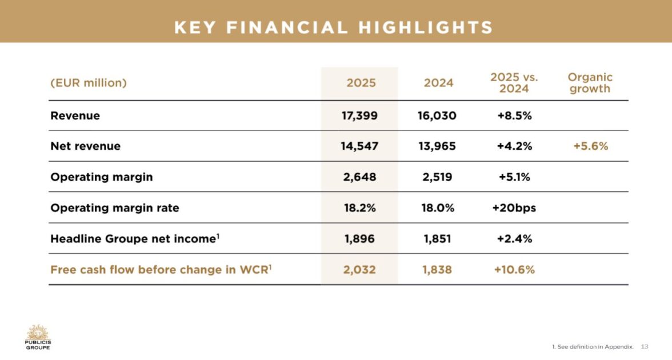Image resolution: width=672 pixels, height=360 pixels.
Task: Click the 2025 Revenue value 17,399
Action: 359,115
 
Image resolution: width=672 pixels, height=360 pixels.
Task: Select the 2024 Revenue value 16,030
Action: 437,115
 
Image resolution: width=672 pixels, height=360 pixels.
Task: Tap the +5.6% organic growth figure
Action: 590,146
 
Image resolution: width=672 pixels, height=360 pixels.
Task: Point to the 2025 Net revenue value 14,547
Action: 359,146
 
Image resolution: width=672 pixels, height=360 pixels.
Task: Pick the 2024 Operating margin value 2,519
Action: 437,177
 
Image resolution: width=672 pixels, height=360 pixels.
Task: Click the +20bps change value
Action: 514,208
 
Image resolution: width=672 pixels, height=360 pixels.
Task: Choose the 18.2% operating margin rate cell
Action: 359,208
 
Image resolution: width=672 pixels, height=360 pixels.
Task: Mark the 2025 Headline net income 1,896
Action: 359,239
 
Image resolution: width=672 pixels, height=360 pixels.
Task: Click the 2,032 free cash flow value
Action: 359,270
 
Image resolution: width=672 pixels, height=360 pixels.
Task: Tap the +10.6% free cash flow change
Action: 514,270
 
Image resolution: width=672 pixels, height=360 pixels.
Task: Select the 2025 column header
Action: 361,83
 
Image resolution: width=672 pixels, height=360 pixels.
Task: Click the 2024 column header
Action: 438,83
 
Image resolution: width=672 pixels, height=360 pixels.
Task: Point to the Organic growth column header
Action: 590,83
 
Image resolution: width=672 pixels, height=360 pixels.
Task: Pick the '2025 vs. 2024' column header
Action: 514,83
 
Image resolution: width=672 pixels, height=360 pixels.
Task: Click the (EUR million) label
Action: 89,83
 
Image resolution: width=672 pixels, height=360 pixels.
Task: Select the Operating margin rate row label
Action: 115,208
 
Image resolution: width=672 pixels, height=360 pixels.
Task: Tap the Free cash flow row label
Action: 161,270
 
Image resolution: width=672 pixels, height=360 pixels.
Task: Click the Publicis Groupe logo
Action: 38,337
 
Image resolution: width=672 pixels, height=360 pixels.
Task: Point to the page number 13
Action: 645,346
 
